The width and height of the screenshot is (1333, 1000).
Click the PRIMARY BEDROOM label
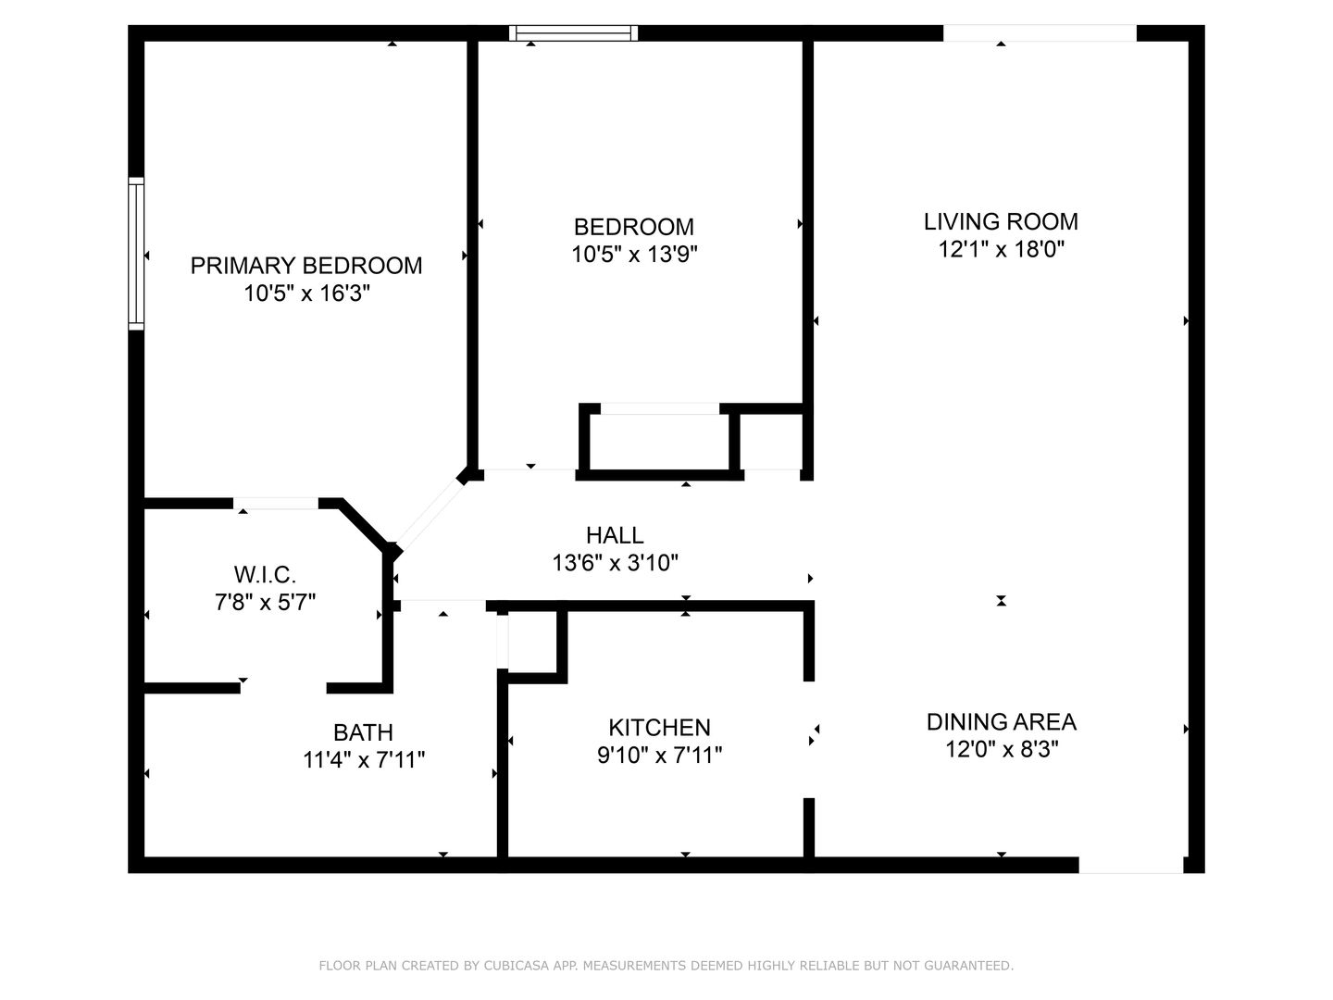click(306, 266)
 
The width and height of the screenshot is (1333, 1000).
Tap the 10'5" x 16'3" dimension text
click(306, 294)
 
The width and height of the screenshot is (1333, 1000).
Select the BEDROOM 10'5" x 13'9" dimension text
click(634, 254)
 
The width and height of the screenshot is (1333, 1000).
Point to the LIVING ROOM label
click(1001, 221)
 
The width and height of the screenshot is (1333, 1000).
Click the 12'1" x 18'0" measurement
click(1002, 249)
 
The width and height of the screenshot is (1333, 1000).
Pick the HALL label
click(615, 535)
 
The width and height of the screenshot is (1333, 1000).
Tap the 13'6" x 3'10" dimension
click(615, 563)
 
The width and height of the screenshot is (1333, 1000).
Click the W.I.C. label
click(265, 574)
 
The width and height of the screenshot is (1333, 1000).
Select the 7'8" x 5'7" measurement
click(265, 602)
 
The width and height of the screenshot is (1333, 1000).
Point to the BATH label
click(363, 732)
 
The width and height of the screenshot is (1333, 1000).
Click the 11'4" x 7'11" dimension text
click(363, 759)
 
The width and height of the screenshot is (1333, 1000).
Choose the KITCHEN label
click(659, 728)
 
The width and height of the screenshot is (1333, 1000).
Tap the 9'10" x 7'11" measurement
click(659, 755)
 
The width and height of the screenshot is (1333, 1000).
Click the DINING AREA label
click(1002, 722)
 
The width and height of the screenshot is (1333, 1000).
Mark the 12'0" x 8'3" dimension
click(1002, 749)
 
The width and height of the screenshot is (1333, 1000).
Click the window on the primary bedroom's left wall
click(136, 254)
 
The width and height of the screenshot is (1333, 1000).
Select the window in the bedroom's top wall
click(573, 32)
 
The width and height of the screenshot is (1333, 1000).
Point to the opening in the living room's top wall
click(1040, 32)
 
